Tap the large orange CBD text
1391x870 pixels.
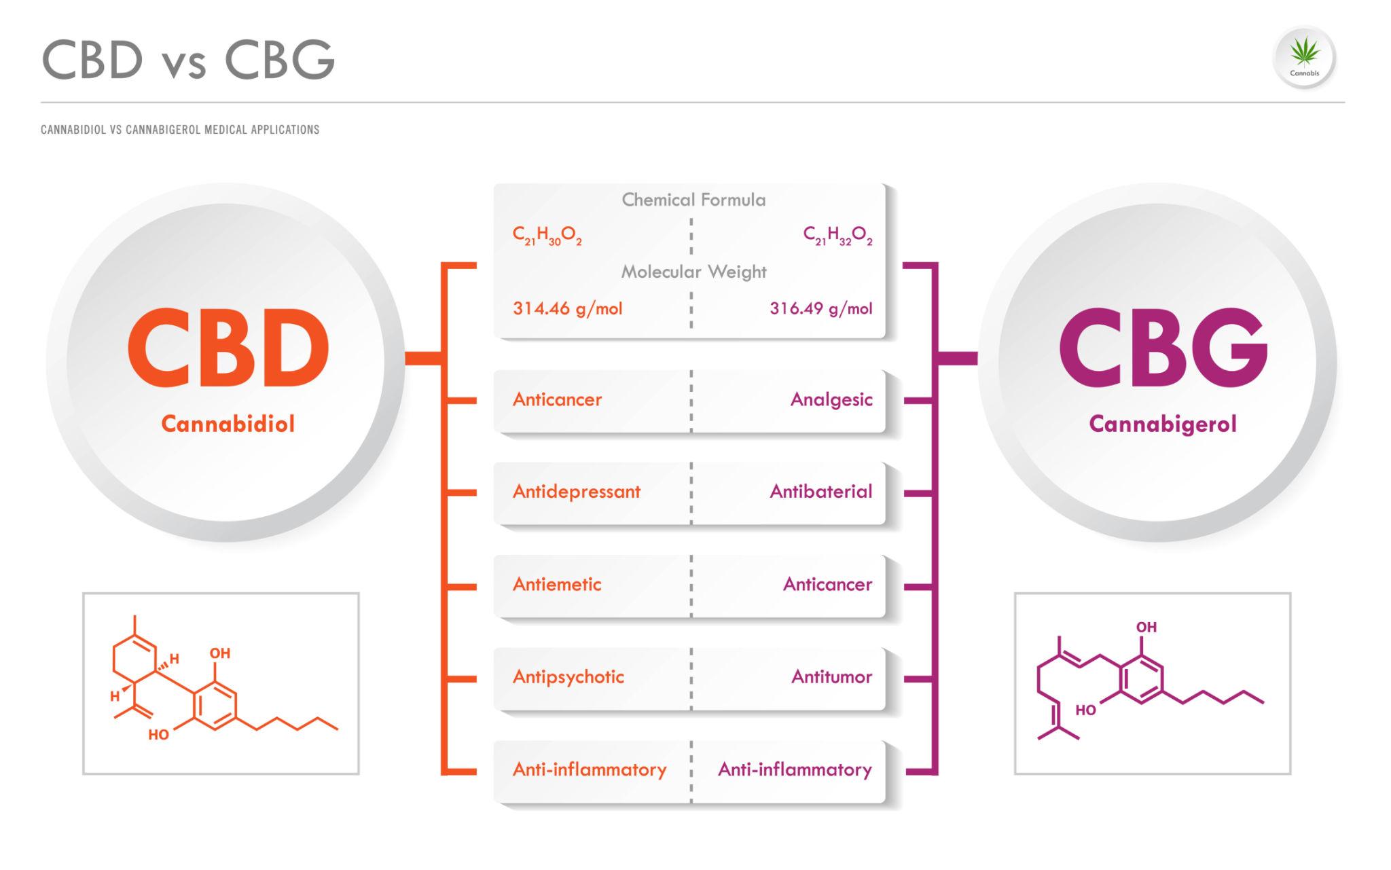click(228, 349)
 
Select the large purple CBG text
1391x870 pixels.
click(1163, 349)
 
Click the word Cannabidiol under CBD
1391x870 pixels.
click(228, 424)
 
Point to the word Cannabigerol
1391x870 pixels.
click(1163, 424)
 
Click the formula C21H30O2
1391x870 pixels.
click(547, 236)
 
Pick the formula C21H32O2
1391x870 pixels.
click(837, 236)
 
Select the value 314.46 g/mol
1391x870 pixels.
click(568, 309)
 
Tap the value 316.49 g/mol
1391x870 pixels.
click(820, 309)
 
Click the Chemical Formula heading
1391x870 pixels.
click(693, 200)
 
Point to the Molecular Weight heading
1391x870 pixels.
click(693, 272)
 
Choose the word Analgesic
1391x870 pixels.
click(831, 399)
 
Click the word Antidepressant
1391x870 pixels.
click(577, 492)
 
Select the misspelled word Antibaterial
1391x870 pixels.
click(820, 492)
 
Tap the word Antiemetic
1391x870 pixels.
click(557, 584)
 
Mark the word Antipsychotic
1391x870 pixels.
click(568, 677)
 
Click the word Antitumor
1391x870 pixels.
click(831, 677)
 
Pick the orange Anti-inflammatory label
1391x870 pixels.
click(590, 769)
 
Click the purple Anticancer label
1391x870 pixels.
click(827, 584)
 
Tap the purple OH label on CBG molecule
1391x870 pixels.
click(1146, 627)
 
